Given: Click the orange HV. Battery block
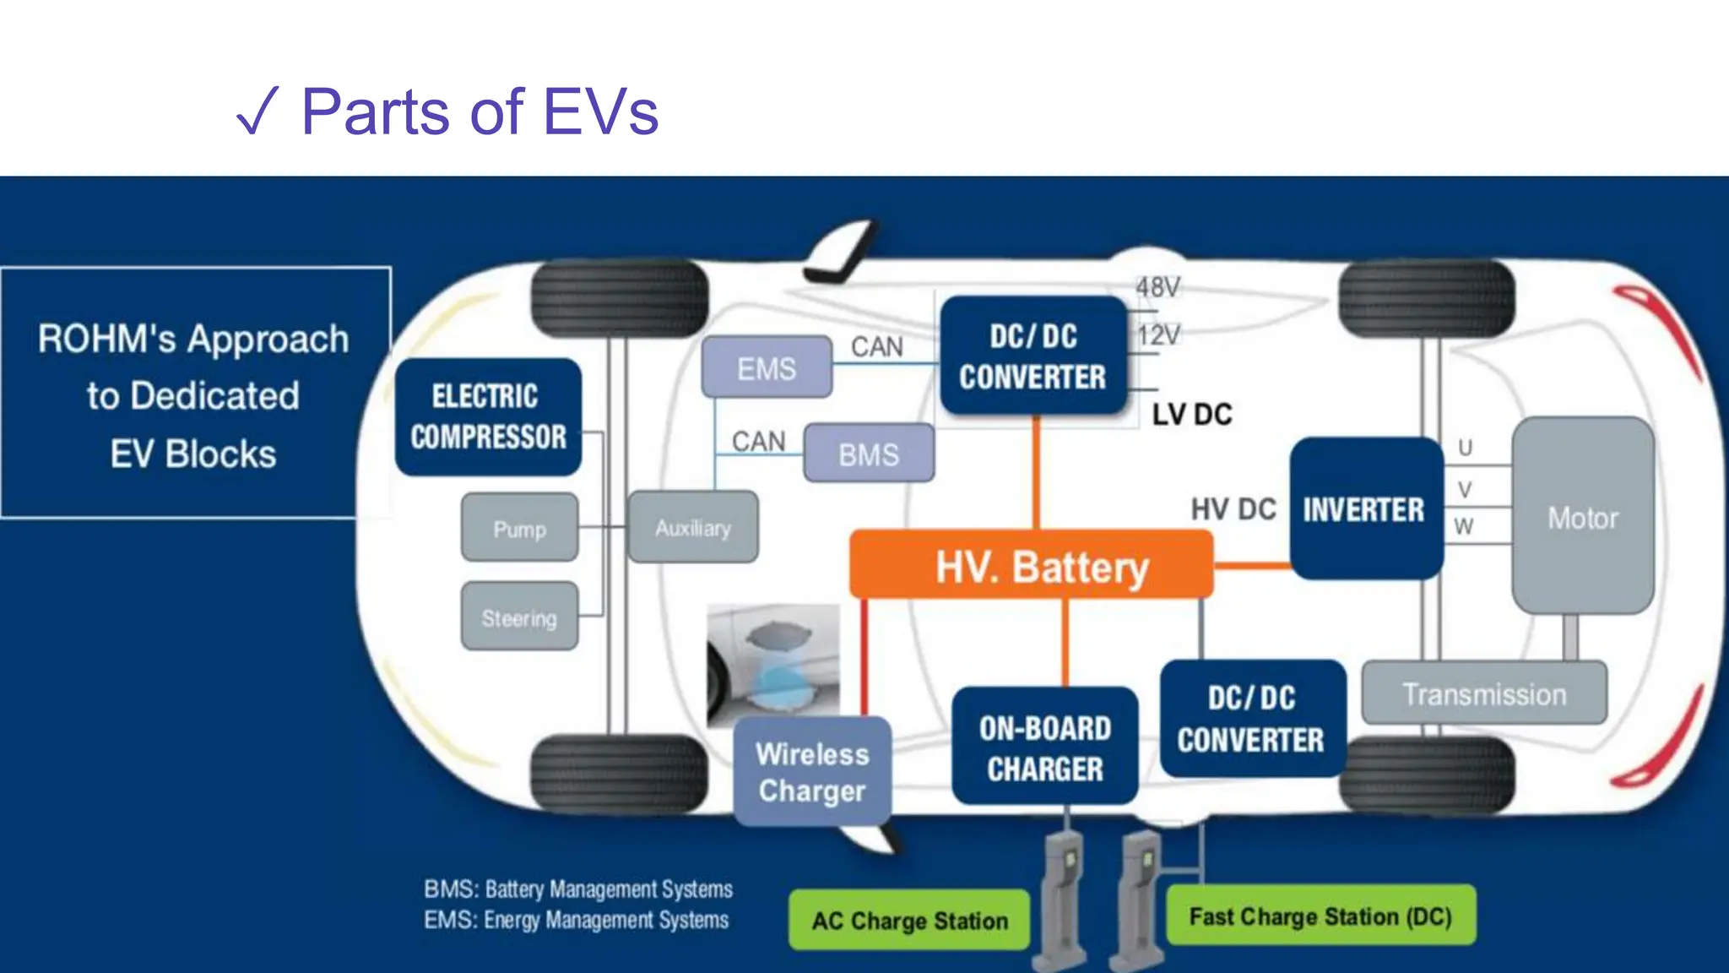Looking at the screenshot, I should coord(1032,565).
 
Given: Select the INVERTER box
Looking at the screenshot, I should coord(1365,509).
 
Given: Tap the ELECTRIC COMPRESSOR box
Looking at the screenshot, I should coord(488,417).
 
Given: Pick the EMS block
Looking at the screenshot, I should coord(767,367).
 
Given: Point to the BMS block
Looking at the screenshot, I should coord(869,454).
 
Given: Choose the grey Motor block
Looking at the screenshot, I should coord(1582,516).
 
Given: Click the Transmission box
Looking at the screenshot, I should coord(1484,693).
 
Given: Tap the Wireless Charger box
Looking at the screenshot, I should coord(812,771).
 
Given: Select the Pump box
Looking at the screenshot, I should coord(519,529).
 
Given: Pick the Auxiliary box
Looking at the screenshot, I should coord(692,527).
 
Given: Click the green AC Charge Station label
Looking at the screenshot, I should coord(909,920).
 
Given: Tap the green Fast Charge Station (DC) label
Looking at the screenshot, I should coord(1320,916).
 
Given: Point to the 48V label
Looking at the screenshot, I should coord(1157,287).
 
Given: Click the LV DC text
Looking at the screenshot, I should coord(1192,415).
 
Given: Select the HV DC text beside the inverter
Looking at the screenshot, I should coord(1233,509).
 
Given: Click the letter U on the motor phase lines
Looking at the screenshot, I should coord(1465,448).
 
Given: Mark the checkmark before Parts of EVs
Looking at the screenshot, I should coord(257,111).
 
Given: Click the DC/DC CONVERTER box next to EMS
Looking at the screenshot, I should coord(1033,356).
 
